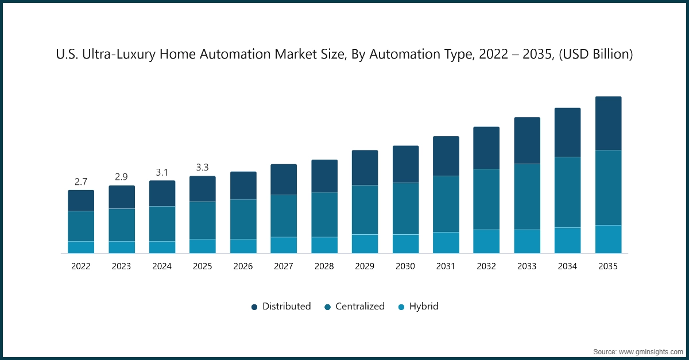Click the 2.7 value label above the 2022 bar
(x=81, y=182)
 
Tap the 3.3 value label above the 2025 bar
(x=203, y=168)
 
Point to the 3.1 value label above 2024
(x=162, y=172)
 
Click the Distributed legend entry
(x=281, y=307)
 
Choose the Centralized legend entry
(x=354, y=307)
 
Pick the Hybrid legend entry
(x=418, y=307)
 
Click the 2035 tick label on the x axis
(x=608, y=266)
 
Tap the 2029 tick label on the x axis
(x=365, y=266)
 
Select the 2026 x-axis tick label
(x=243, y=266)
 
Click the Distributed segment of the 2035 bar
(x=608, y=123)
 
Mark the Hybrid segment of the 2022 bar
(x=81, y=247)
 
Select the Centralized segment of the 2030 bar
(x=405, y=208)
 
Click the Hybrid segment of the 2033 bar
(x=527, y=241)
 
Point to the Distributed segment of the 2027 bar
(x=284, y=179)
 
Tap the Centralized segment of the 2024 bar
(x=162, y=223)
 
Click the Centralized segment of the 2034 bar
(x=567, y=192)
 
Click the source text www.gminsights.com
(x=649, y=351)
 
